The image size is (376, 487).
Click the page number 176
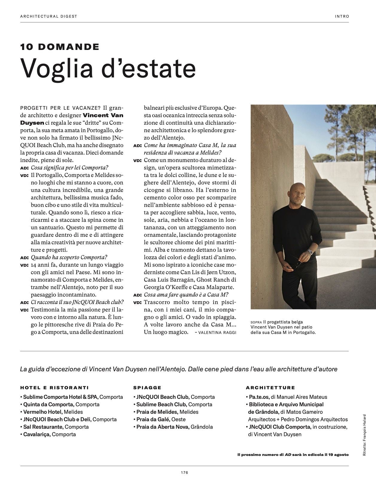184,473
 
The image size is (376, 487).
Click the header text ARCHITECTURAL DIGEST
49,16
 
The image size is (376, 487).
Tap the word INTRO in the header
342,16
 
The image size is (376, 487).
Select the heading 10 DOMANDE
60,47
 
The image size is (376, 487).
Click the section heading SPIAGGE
147,388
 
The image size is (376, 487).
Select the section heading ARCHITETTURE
270,388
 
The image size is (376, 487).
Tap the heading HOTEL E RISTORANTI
54,388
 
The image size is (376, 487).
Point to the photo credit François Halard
364,435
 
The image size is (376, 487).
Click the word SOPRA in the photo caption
256,322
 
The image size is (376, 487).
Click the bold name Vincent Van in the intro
103,115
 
